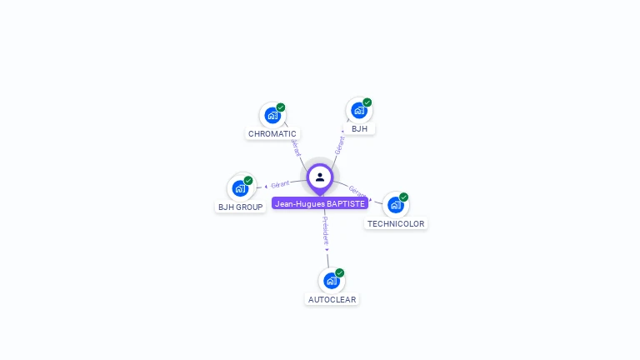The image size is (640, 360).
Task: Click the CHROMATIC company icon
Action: pyautogui.click(x=272, y=115)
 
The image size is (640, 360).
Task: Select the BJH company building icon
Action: pyautogui.click(x=358, y=110)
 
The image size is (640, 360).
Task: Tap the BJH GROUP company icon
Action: pyautogui.click(x=240, y=188)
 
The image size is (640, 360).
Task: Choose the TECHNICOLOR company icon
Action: pyautogui.click(x=395, y=205)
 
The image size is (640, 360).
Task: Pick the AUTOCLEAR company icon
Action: pyautogui.click(x=331, y=281)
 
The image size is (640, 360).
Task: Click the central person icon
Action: pyautogui.click(x=320, y=177)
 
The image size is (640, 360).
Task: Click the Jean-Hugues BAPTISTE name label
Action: pyautogui.click(x=320, y=203)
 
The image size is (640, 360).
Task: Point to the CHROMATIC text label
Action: pyautogui.click(x=272, y=134)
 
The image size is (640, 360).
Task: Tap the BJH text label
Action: pyautogui.click(x=359, y=129)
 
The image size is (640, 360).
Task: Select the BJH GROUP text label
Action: pyautogui.click(x=241, y=207)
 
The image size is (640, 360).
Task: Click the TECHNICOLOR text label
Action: pyautogui.click(x=396, y=224)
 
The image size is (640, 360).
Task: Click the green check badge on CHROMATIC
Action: pyautogui.click(x=281, y=107)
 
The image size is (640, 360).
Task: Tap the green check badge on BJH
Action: pyautogui.click(x=367, y=102)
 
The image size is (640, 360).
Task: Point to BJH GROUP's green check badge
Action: pyautogui.click(x=248, y=181)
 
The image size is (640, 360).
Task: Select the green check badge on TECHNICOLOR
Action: pyautogui.click(x=404, y=197)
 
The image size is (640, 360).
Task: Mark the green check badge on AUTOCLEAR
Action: pyautogui.click(x=340, y=273)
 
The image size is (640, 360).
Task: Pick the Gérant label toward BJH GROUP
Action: pyautogui.click(x=280, y=184)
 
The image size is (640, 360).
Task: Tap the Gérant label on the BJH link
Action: pyautogui.click(x=339, y=145)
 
